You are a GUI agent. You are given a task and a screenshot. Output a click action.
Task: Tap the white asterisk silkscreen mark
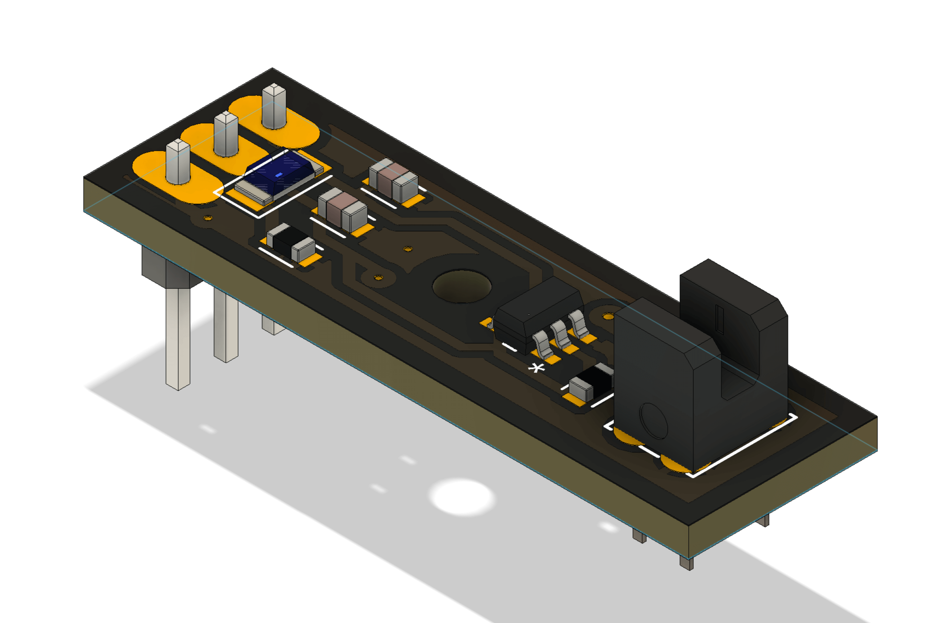[x=536, y=368]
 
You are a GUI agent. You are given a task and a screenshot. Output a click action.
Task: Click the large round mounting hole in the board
[x=462, y=286]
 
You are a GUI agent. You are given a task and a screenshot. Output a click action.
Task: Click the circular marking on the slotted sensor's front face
[x=654, y=421]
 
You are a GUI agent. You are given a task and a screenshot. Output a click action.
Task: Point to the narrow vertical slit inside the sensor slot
[x=720, y=318]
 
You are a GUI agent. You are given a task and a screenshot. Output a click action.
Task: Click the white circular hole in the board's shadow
[x=462, y=497]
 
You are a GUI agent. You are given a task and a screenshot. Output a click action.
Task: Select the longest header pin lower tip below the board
[x=177, y=385]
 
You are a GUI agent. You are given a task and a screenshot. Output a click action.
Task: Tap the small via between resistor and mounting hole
[x=378, y=278]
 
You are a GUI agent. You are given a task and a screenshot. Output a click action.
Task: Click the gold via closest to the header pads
[x=208, y=218]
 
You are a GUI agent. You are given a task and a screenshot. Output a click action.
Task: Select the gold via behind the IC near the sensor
[x=607, y=316]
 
